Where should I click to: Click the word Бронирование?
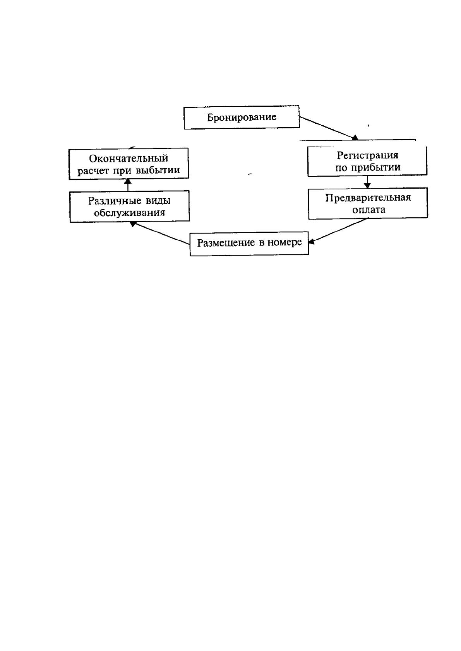pyautogui.click(x=242, y=118)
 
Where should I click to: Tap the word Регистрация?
pyautogui.click(x=367, y=155)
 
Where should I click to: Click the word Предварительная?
pyautogui.click(x=368, y=198)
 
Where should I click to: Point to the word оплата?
pyautogui.click(x=369, y=210)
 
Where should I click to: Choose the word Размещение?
pyautogui.click(x=226, y=243)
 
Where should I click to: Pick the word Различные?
pyautogui.click(x=114, y=201)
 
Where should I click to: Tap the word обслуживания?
pyautogui.click(x=129, y=213)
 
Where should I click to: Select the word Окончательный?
pyautogui.click(x=129, y=158)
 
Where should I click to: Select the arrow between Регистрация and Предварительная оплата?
pyautogui.click(x=367, y=182)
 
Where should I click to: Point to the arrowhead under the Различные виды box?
pyautogui.click(x=133, y=224)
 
